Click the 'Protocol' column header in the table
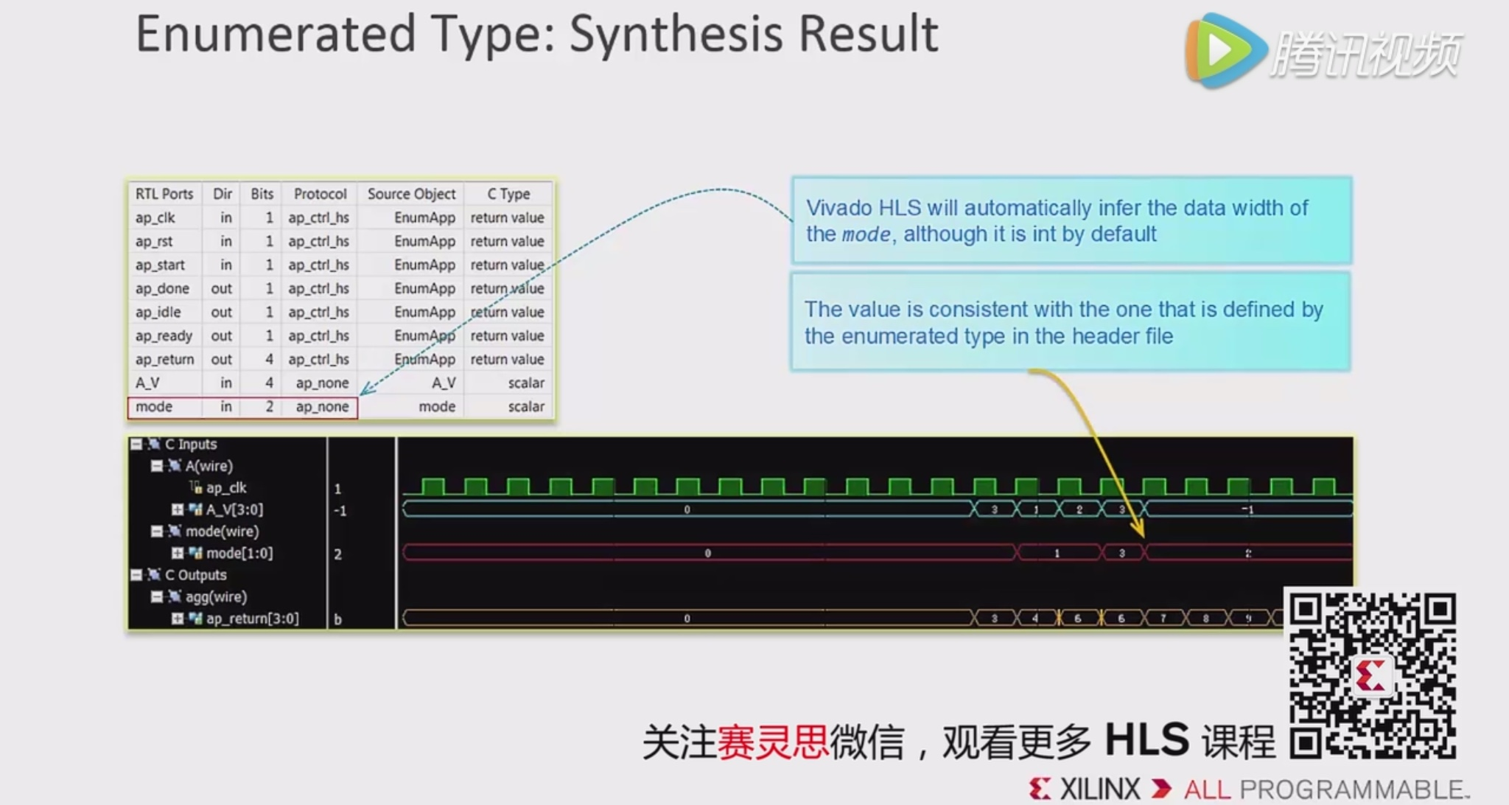(x=320, y=194)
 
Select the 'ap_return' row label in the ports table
(x=164, y=359)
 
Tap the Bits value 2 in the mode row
(x=269, y=406)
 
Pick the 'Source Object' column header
(x=411, y=194)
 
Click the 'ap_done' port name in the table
(x=162, y=288)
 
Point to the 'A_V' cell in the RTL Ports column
(x=147, y=383)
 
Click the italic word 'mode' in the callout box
(x=866, y=234)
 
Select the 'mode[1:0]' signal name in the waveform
(x=239, y=553)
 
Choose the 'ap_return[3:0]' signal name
(x=252, y=618)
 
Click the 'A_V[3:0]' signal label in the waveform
(x=234, y=509)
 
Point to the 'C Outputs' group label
(x=195, y=575)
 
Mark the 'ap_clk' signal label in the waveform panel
(x=226, y=487)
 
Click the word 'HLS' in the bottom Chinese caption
(x=1146, y=739)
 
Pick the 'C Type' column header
(x=508, y=194)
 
